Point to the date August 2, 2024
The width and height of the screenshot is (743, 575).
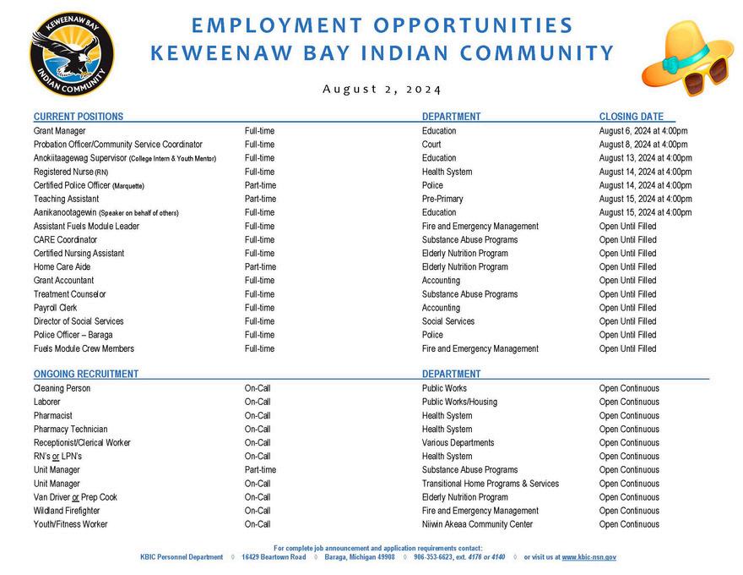pyautogui.click(x=382, y=90)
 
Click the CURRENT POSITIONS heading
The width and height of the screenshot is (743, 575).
pyautogui.click(x=79, y=117)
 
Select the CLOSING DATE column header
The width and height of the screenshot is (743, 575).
pyautogui.click(x=632, y=117)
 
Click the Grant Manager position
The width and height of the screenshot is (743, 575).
pyautogui.click(x=60, y=131)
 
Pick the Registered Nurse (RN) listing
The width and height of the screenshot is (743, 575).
pyautogui.click(x=71, y=172)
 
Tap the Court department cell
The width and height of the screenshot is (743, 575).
pyautogui.click(x=431, y=145)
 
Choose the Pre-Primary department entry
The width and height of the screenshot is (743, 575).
pyautogui.click(x=442, y=199)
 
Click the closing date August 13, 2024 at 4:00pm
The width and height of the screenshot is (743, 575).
pyautogui.click(x=645, y=158)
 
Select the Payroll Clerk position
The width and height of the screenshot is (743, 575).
pyautogui.click(x=56, y=308)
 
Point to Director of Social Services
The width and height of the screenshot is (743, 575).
pyautogui.click(x=79, y=321)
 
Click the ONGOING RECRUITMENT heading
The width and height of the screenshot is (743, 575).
pyautogui.click(x=86, y=374)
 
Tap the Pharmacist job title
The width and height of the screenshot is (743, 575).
pyautogui.click(x=53, y=416)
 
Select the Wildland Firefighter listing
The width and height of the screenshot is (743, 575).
pyautogui.click(x=67, y=511)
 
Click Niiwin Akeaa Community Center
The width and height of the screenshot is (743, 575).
pyautogui.click(x=477, y=524)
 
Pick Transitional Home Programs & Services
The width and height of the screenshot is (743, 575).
pyautogui.click(x=491, y=484)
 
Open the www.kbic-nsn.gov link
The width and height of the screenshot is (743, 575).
pyautogui.click(x=588, y=557)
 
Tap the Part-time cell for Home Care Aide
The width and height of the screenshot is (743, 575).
pyautogui.click(x=260, y=266)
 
